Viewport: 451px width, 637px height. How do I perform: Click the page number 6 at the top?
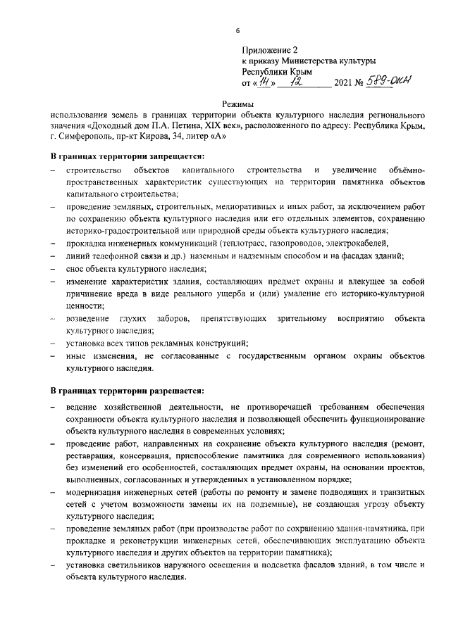(237, 31)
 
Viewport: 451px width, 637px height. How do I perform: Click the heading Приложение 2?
(271, 51)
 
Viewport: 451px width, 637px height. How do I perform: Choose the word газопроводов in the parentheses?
(268, 243)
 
